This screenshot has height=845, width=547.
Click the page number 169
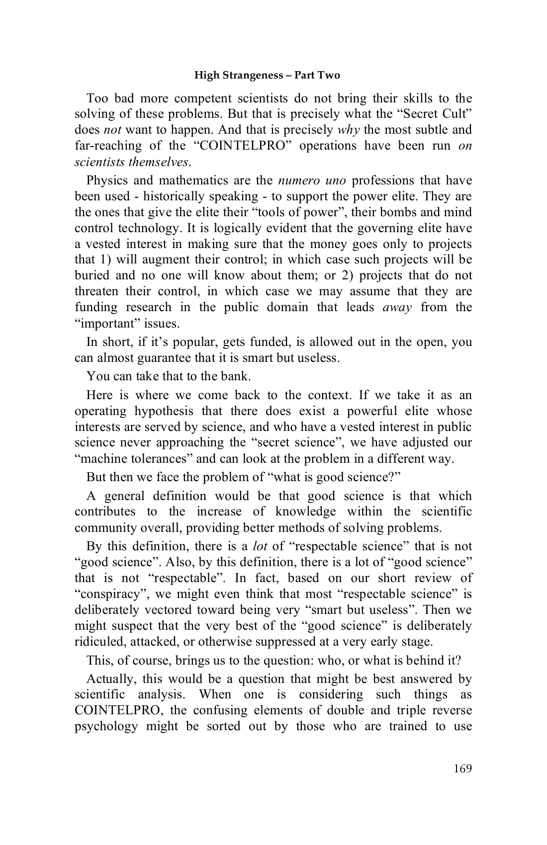click(462, 768)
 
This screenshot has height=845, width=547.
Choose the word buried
click(91, 275)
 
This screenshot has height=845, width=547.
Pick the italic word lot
click(260, 546)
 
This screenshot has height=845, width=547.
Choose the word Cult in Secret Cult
click(456, 114)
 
